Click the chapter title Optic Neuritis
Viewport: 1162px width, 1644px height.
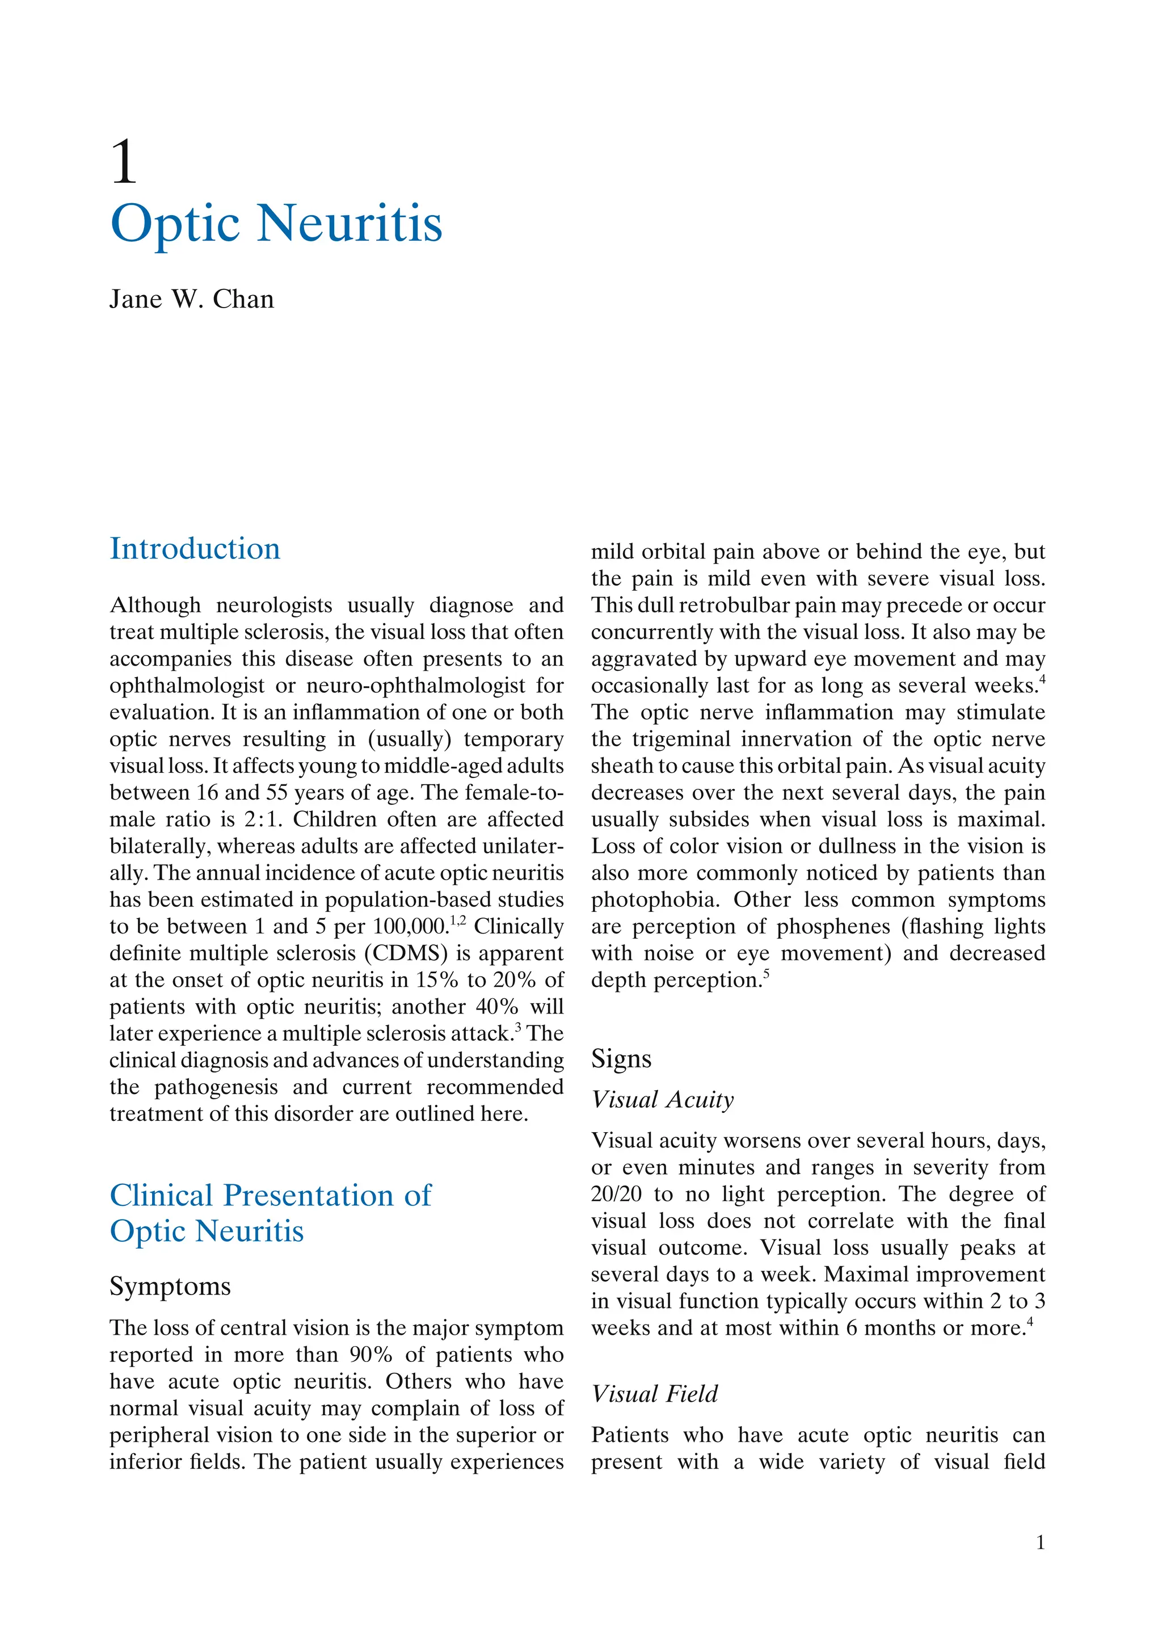point(276,224)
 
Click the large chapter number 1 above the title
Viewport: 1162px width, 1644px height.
point(123,162)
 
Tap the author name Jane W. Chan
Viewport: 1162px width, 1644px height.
point(191,299)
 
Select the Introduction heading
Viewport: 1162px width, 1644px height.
point(195,549)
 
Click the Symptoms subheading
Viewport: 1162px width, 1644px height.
point(170,1286)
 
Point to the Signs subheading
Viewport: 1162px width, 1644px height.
point(621,1058)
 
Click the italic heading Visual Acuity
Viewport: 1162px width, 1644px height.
point(662,1099)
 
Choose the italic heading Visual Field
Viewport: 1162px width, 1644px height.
point(654,1394)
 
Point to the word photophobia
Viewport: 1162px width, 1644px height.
point(654,900)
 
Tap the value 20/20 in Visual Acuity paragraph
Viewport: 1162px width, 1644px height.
point(616,1195)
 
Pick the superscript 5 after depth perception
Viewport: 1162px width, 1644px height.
point(766,974)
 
